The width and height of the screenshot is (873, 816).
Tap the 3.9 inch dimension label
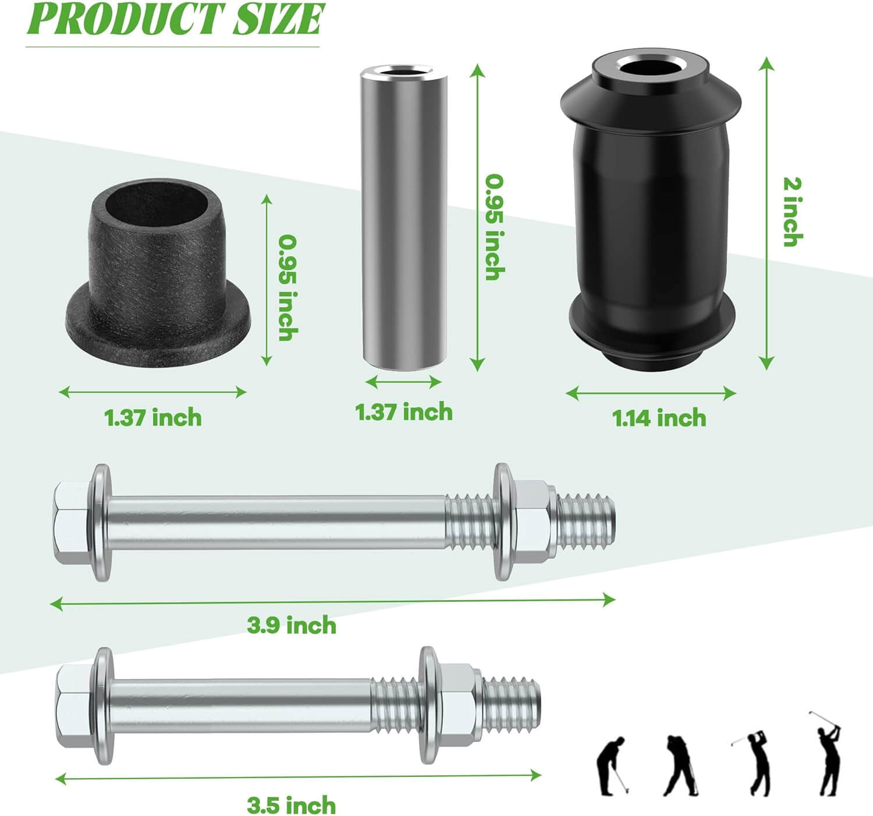pos(292,625)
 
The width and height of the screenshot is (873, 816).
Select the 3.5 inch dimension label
pos(292,806)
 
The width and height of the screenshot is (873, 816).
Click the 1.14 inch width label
pos(659,418)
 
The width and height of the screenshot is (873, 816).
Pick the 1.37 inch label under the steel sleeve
pos(404,412)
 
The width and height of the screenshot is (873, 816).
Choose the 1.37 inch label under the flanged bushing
pos(153,418)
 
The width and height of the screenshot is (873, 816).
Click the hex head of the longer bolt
pos(71,523)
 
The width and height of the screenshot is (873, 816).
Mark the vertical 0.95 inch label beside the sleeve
pos(495,227)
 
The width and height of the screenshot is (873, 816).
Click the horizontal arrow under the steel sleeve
pos(404,382)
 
